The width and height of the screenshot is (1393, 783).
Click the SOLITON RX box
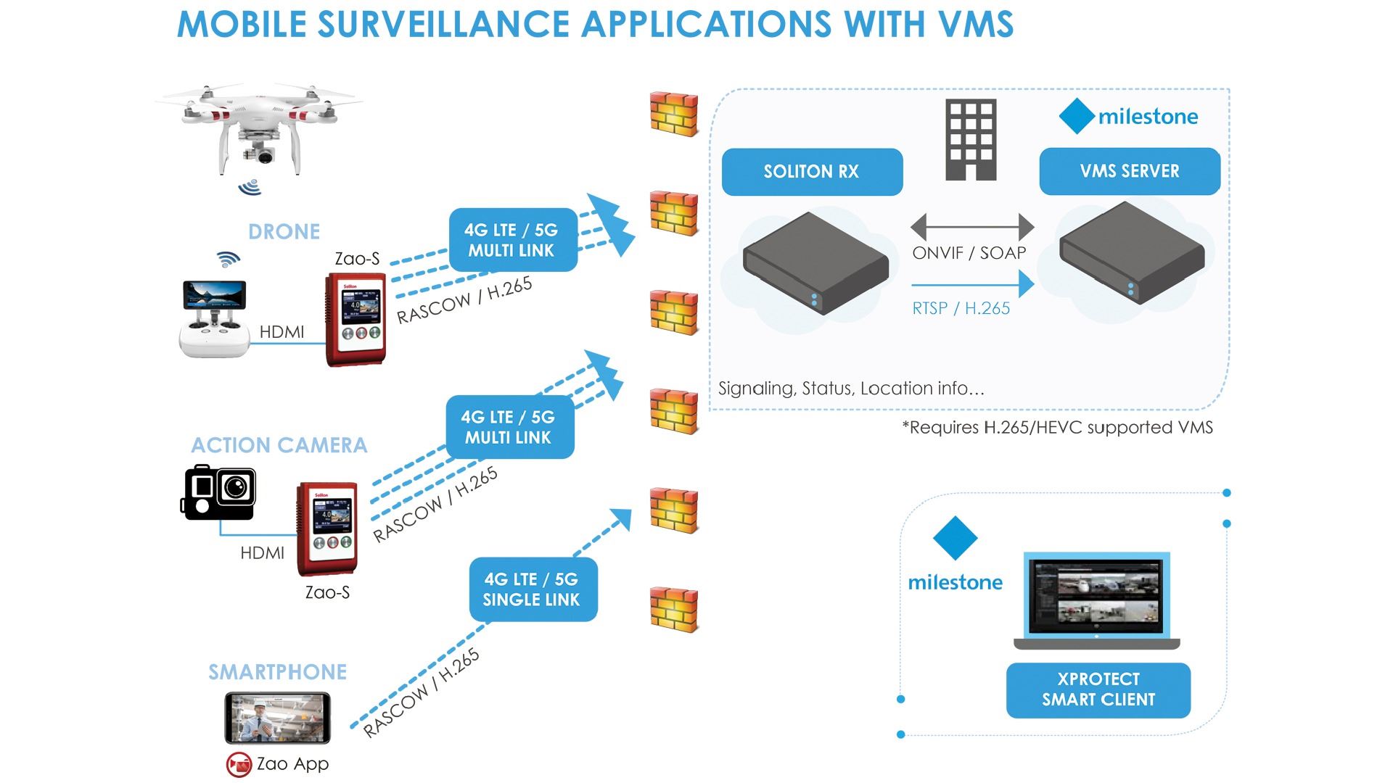812,172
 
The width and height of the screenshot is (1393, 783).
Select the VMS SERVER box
1129,171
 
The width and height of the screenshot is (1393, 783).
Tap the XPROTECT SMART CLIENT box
1098,689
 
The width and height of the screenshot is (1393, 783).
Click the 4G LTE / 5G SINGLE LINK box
533,589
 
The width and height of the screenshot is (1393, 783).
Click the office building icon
971,140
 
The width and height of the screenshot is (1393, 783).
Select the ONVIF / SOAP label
969,253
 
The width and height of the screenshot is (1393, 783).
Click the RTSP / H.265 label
961,308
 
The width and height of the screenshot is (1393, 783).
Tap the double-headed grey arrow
971,226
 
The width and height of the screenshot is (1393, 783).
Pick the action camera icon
219,493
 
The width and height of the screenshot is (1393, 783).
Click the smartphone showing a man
277,717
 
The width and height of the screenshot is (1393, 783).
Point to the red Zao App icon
239,764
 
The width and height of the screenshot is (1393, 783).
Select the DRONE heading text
284,232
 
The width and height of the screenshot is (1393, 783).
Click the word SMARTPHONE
278,672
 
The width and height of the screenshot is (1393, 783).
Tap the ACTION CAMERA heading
279,445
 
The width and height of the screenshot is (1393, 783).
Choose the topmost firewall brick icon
673,113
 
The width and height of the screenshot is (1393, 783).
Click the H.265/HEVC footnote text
1057,428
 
